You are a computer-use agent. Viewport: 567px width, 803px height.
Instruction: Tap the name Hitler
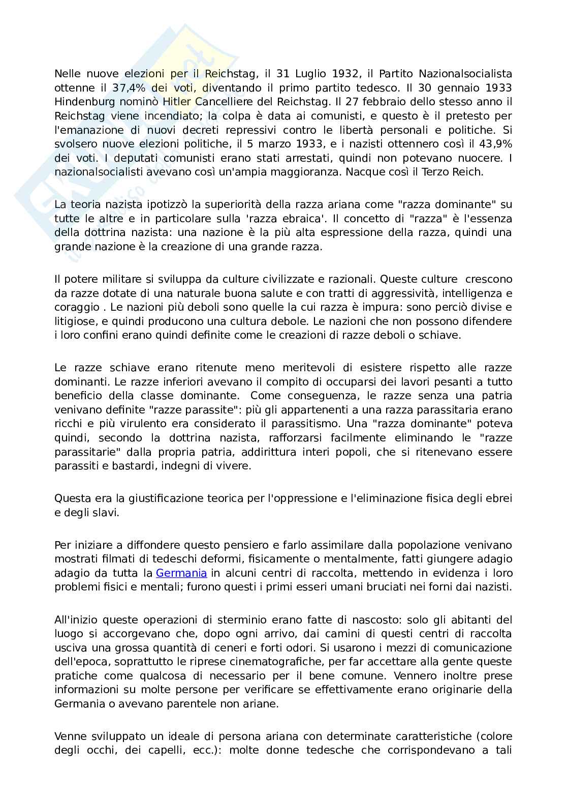(x=176, y=102)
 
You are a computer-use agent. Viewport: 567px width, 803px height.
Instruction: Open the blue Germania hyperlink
(x=181, y=573)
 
